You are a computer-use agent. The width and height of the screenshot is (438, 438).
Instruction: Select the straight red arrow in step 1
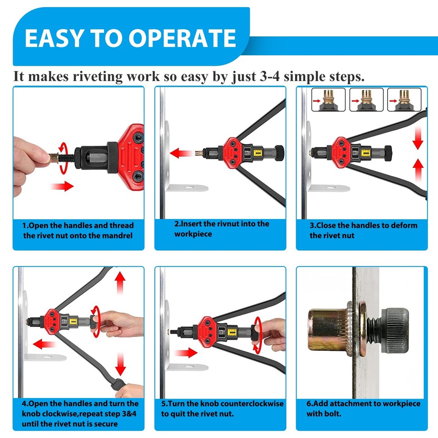click(x=62, y=187)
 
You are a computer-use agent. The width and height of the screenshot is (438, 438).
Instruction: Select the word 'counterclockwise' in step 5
click(x=254, y=403)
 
